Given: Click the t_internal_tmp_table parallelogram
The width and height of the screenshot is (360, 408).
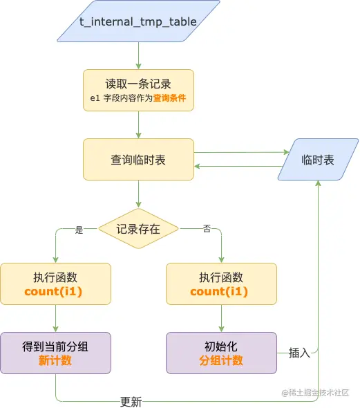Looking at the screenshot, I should (138, 22).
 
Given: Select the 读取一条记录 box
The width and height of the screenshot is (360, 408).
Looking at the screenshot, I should (138, 90).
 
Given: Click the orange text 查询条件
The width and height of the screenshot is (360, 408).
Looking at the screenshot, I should (170, 98).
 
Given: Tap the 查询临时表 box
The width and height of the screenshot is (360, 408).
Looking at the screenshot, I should (138, 160).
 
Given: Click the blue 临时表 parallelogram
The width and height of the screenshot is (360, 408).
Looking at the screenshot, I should (318, 160).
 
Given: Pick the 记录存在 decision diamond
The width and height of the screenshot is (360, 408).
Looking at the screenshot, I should (138, 229).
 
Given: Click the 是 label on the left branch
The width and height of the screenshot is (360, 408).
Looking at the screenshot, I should (78, 230).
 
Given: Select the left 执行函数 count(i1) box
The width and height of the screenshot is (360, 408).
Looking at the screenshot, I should (55, 284).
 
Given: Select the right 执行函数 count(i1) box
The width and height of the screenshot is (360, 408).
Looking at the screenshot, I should (221, 284).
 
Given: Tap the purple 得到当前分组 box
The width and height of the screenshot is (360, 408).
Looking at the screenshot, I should (55, 353).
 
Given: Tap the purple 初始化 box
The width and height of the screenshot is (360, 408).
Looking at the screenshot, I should (221, 353).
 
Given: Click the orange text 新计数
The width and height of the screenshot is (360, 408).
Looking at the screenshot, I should (55, 360).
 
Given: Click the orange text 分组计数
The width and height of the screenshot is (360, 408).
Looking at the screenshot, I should (221, 360).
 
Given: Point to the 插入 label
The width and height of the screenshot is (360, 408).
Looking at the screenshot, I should (299, 353).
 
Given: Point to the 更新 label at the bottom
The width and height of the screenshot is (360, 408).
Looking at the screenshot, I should (131, 402).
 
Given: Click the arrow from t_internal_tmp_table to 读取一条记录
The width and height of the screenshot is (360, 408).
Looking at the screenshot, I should (138, 55).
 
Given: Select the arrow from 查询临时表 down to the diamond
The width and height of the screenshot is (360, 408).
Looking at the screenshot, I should (138, 194).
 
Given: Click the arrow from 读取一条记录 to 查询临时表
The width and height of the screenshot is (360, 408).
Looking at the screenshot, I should (138, 124).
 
